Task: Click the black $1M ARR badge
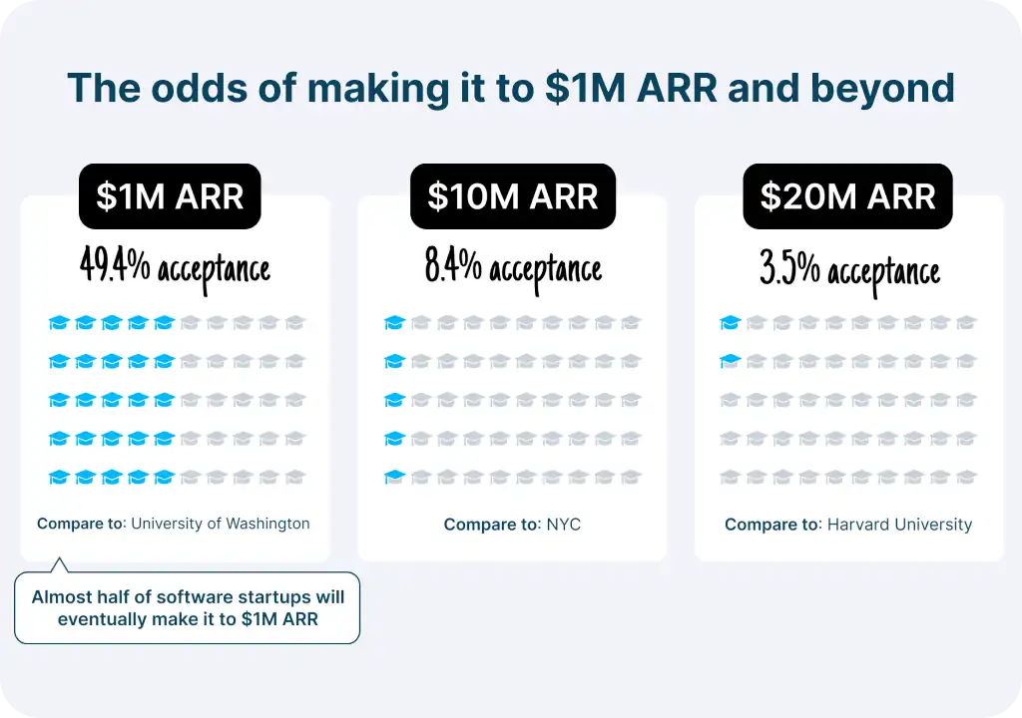(x=170, y=196)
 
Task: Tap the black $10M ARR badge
(x=513, y=196)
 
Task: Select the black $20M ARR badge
(x=847, y=196)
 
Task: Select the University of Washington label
(x=221, y=523)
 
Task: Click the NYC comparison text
(x=563, y=524)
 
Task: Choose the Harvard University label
(x=899, y=524)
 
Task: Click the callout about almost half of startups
(x=188, y=607)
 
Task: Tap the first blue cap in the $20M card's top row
(x=731, y=322)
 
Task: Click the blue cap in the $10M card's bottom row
(x=395, y=477)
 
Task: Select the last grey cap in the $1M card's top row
(x=294, y=322)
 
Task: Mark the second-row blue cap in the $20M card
(x=731, y=361)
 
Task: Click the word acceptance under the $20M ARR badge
(x=884, y=271)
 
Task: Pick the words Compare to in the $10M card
(x=491, y=524)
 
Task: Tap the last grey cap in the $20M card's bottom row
(x=966, y=477)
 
